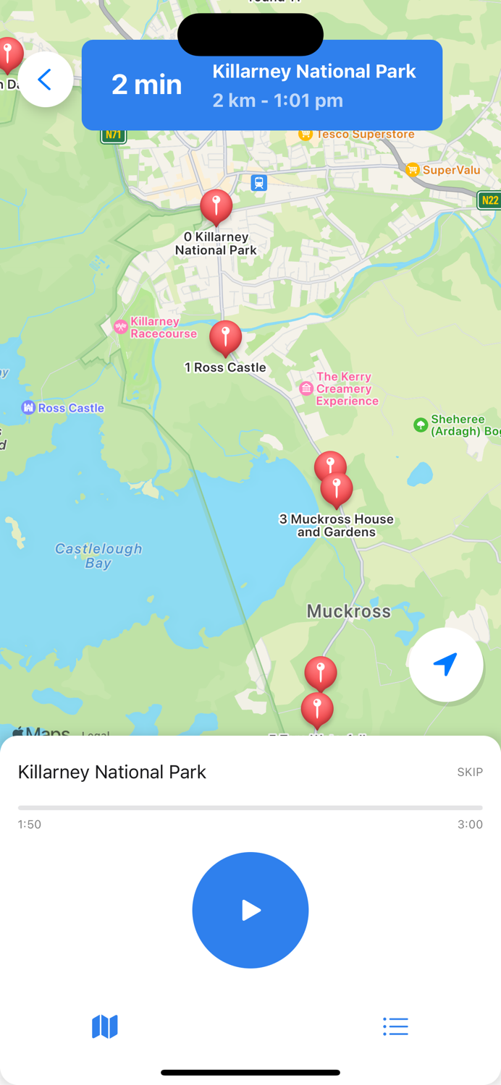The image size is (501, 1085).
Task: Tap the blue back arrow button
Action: [x=45, y=80]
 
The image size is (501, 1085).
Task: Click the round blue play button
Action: [x=250, y=910]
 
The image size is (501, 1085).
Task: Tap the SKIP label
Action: [x=470, y=773]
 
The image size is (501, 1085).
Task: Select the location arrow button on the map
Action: [x=445, y=664]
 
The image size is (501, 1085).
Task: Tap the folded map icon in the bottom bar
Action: [x=105, y=1026]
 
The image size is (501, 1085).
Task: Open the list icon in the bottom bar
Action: [x=395, y=1026]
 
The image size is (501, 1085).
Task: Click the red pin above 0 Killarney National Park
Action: [x=216, y=206]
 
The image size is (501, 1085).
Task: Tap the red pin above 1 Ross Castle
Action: [x=225, y=337]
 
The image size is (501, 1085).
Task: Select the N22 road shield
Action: [x=489, y=200]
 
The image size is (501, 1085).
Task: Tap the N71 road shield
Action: [x=114, y=135]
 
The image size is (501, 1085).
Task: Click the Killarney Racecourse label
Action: [x=162, y=328]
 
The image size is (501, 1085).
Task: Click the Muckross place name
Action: [x=348, y=611]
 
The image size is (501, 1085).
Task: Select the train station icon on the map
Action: [x=259, y=183]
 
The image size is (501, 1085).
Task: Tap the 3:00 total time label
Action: [x=470, y=825]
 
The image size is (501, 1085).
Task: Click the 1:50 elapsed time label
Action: [x=30, y=825]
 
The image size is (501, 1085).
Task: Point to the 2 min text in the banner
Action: [x=146, y=85]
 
